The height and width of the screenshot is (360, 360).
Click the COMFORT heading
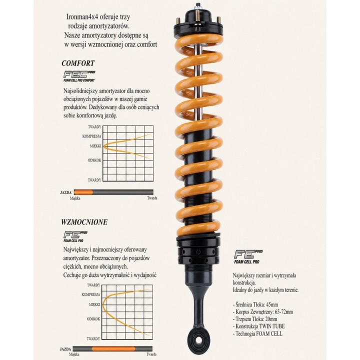click(x=78, y=63)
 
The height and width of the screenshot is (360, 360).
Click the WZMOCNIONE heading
click(x=84, y=222)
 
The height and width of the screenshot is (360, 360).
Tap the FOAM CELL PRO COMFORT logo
click(x=79, y=76)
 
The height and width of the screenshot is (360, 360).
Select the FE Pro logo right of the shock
click(x=248, y=257)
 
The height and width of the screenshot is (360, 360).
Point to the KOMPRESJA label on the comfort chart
click(x=91, y=136)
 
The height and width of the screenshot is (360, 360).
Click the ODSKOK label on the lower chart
click(x=93, y=319)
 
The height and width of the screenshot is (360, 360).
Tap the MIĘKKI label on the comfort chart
click(x=95, y=146)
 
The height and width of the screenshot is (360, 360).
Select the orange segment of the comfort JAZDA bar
click(x=83, y=192)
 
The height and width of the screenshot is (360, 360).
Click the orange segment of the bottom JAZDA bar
click(x=113, y=349)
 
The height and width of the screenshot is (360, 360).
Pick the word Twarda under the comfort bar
click(x=152, y=198)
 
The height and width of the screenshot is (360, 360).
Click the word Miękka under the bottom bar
click(x=74, y=354)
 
